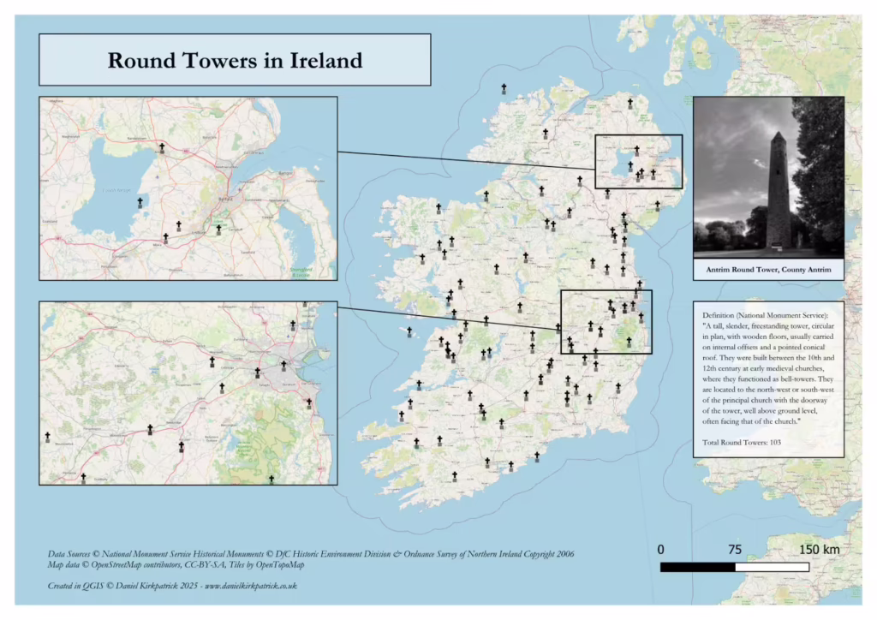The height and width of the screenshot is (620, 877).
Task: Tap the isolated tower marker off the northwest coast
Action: [x=504, y=87]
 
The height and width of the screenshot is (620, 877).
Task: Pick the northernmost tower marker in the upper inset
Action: [x=161, y=146]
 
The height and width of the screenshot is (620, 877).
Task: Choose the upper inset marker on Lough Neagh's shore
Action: [x=140, y=201]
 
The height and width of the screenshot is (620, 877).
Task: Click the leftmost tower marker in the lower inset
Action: [x=48, y=437]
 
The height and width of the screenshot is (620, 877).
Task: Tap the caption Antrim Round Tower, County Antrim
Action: [x=768, y=270]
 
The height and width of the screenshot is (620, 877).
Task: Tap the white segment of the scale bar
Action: [x=772, y=567]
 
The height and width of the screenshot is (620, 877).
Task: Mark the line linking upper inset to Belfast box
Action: [x=467, y=160]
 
